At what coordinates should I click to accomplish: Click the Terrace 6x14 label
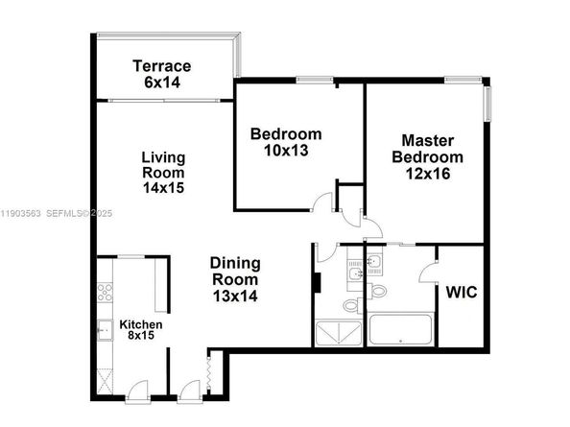point(162,74)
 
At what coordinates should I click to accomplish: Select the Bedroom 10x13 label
point(285,142)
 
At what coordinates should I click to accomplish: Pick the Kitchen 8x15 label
point(140,331)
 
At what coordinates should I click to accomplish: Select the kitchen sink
point(103,330)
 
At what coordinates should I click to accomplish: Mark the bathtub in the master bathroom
point(397,332)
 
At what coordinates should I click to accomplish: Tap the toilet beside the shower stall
point(350,306)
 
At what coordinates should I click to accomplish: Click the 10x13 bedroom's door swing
point(324,202)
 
